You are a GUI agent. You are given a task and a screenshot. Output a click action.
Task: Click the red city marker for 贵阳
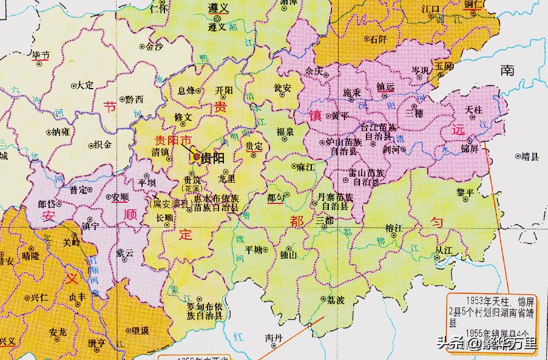pyautogui.click(x=197, y=158)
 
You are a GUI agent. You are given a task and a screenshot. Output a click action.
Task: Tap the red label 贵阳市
pyautogui.click(x=172, y=140)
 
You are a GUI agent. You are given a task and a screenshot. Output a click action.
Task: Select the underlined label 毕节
pyautogui.click(x=41, y=55)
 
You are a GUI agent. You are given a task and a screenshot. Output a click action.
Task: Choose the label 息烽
pyautogui.click(x=186, y=90)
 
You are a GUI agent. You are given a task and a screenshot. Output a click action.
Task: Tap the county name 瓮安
pyautogui.click(x=282, y=88)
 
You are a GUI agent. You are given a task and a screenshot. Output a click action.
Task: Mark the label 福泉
pyautogui.click(x=285, y=131)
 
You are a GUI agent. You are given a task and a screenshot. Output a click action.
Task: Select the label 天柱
pyautogui.click(x=472, y=109)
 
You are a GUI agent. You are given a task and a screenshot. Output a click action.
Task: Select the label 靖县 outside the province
pyautogui.click(x=530, y=156)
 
